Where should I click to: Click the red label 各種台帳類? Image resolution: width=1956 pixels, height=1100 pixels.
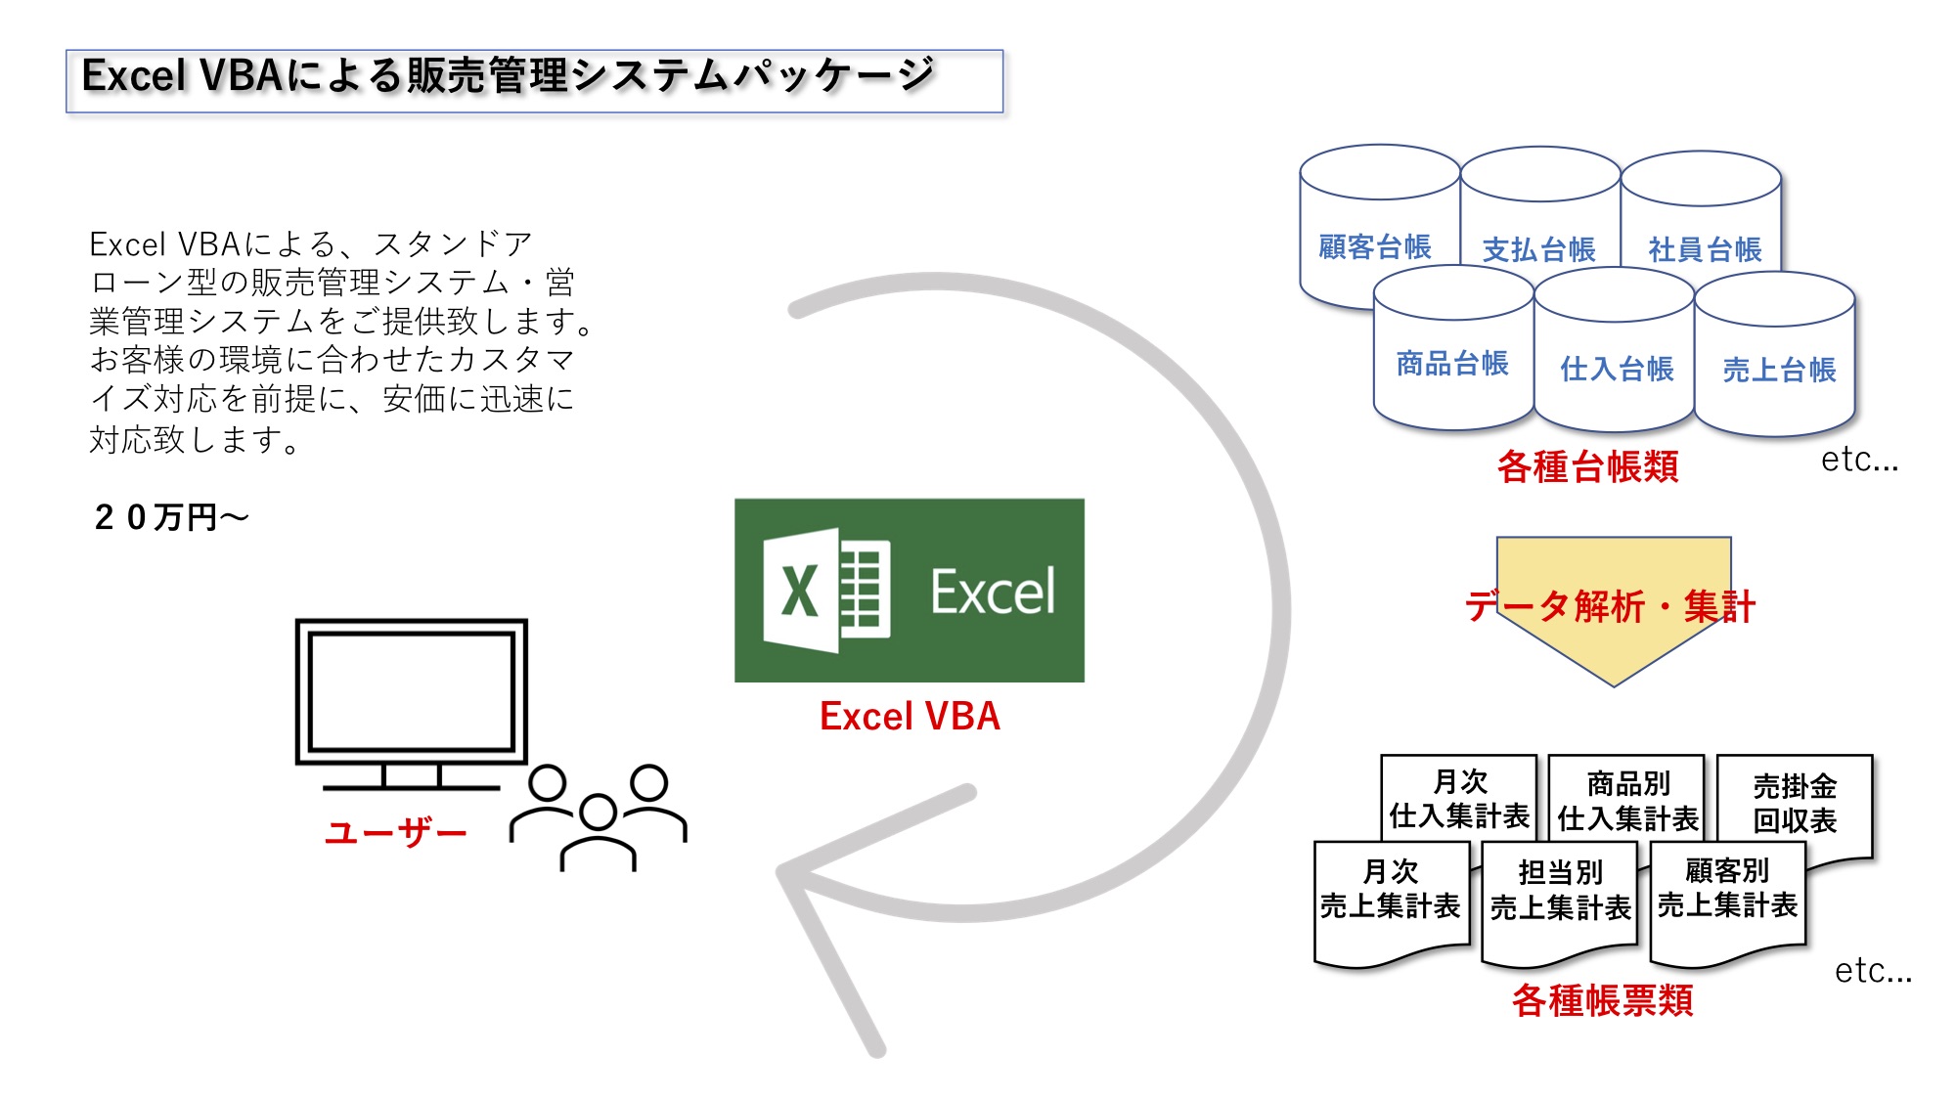click(x=1587, y=466)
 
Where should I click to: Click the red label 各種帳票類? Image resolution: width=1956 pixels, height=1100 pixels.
click(x=1602, y=1000)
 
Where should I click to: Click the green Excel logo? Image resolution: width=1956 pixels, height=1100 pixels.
click(x=910, y=591)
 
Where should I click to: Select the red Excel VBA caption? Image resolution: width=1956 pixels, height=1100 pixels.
click(x=910, y=717)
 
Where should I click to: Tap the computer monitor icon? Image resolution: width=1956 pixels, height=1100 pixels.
click(x=412, y=704)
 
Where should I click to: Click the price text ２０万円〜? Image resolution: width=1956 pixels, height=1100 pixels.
click(x=171, y=517)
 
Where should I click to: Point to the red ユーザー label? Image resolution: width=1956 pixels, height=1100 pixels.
click(x=395, y=832)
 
